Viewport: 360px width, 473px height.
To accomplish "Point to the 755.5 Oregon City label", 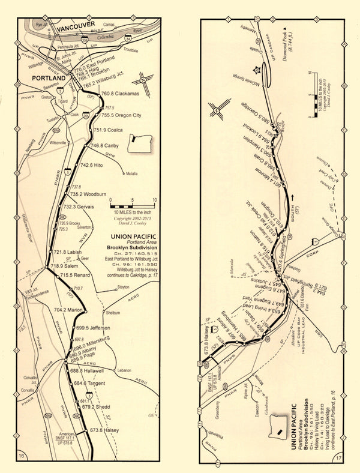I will (x=119, y=115).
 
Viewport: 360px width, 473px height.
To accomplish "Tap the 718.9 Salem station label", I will (x=67, y=265).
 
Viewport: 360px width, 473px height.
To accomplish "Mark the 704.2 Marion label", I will (x=68, y=310).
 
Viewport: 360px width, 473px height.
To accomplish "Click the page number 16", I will (x=22, y=457).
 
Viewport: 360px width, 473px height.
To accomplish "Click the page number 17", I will (x=341, y=457).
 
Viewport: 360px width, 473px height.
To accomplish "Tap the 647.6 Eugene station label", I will (x=269, y=276).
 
